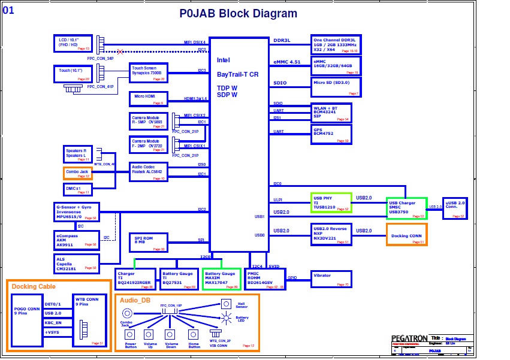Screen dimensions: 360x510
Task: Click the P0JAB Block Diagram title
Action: click(239, 14)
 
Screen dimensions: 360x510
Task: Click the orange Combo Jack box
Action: click(78, 173)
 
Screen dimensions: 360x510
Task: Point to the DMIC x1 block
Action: click(78, 189)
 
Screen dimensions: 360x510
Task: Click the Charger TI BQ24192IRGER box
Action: click(135, 279)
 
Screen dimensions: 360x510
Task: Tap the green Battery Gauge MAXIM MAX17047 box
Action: click(221, 279)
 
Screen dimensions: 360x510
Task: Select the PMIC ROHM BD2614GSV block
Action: click(265, 279)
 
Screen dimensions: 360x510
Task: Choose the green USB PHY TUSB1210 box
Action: click(331, 202)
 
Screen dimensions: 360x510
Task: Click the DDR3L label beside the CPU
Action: click(282, 41)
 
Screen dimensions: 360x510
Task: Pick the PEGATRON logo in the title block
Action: click(409, 339)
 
